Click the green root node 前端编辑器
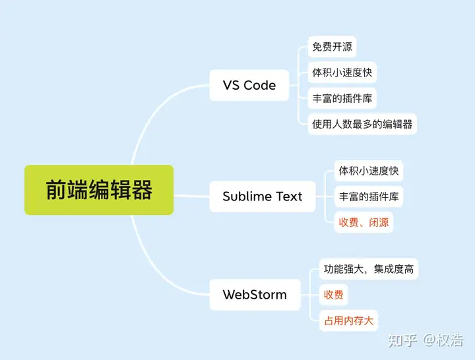tap(99, 190)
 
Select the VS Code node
tap(249, 85)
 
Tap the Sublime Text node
tap(263, 196)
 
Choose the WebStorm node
tap(255, 294)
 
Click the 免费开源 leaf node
tap(332, 47)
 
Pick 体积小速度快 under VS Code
tap(342, 73)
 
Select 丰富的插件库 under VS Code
tap(342, 98)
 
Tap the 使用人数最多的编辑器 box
tap(362, 124)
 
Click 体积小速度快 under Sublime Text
tap(369, 171)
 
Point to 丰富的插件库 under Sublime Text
tap(369, 196)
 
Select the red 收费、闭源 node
tap(364, 222)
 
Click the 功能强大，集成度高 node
tap(369, 269)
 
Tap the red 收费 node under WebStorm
tap(334, 295)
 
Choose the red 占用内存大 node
tap(349, 320)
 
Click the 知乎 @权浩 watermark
tap(426, 340)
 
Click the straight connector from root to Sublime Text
tap(191, 196)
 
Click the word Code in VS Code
tap(260, 85)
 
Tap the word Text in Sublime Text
tap(289, 196)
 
